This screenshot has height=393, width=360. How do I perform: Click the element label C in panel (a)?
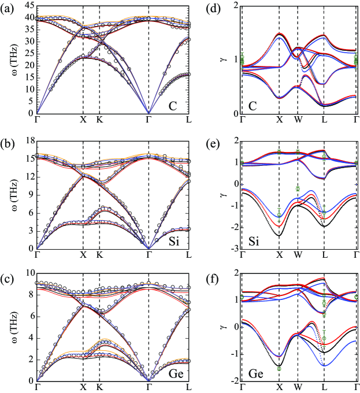[x=172, y=106]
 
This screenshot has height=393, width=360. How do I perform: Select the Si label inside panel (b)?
[x=170, y=239]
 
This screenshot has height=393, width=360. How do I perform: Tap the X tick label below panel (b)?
[x=83, y=254]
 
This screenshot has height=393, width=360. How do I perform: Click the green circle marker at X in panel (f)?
[x=279, y=368]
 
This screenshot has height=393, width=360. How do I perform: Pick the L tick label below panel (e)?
[x=324, y=254]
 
